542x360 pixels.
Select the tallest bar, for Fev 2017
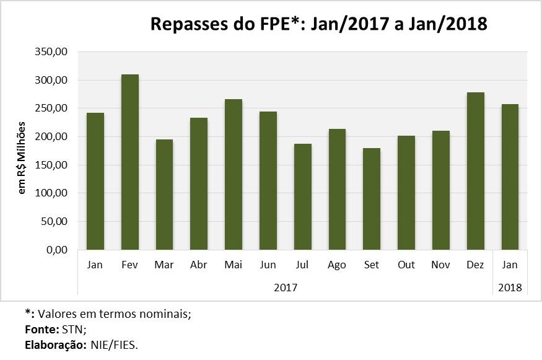coord(130,162)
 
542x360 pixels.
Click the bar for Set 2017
coord(372,199)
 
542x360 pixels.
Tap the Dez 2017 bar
coord(476,171)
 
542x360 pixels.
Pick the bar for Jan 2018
coord(510,177)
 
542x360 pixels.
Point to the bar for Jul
coord(303,196)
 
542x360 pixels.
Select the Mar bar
coord(164,195)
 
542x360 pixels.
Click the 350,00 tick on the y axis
coord(53,52)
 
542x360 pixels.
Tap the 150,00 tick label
coord(53,165)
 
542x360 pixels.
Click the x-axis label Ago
coord(337,265)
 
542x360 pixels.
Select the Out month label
coord(406,265)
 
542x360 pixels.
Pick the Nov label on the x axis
coord(441,265)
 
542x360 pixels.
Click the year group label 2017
coord(285,288)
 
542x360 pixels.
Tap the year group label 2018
coord(510,288)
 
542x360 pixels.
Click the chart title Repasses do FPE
coord(319,24)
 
